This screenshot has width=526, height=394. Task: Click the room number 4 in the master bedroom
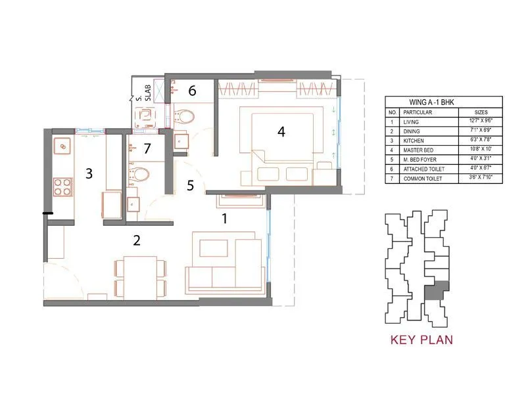281,131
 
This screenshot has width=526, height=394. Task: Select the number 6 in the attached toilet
192,91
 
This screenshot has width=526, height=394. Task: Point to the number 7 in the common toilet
147,149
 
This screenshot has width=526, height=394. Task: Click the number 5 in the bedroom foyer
191,186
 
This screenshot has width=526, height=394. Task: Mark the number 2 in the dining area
137,240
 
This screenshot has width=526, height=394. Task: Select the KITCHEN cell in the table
414,141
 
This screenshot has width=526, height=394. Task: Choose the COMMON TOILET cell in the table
421,179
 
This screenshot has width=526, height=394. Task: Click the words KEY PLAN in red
421,340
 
